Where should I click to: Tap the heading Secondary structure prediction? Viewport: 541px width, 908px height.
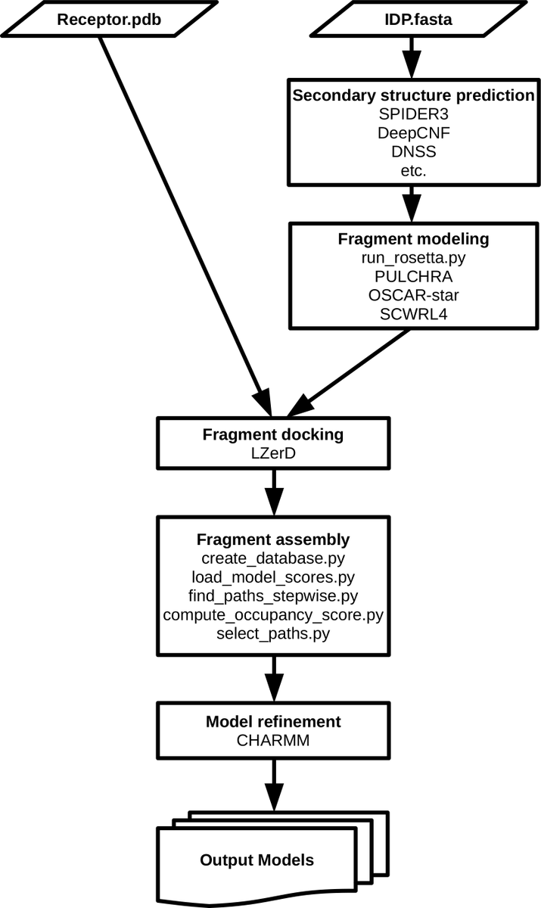[414, 96]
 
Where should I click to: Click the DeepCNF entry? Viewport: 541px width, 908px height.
[414, 133]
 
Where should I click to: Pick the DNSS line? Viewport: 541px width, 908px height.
[414, 152]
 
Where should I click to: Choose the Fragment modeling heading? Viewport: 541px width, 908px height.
[414, 239]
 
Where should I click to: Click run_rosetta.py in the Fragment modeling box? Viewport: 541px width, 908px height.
[414, 258]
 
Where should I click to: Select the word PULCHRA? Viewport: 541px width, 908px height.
[414, 276]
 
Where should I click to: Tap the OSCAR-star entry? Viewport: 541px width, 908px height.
[414, 295]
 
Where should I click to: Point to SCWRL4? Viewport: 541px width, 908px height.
[414, 313]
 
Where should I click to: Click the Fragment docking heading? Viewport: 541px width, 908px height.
[273, 435]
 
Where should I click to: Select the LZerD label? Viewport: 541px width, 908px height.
[273, 454]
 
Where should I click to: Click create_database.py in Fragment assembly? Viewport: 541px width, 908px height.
[273, 558]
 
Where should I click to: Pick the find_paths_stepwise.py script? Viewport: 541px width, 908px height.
[273, 595]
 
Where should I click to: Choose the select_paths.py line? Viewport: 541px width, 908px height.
[273, 633]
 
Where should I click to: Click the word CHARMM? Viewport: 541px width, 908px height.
[273, 740]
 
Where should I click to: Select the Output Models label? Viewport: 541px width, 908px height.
[257, 860]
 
